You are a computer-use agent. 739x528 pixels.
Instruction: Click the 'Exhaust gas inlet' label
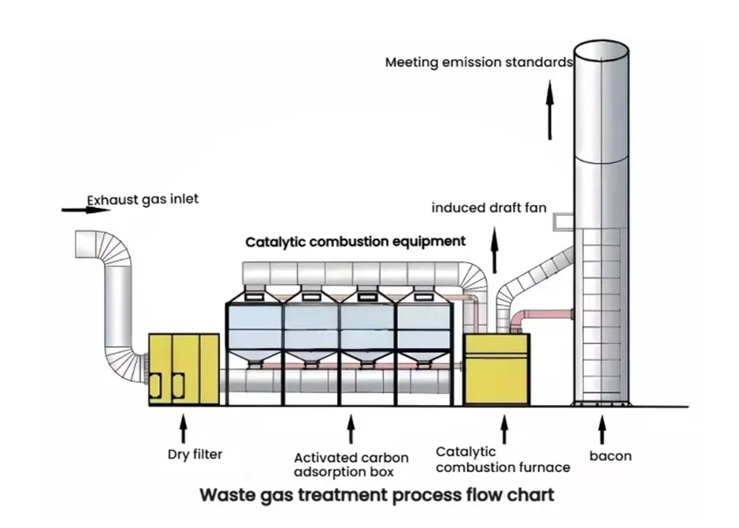tap(143, 199)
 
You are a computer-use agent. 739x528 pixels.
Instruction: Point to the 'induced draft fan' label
tap(488, 208)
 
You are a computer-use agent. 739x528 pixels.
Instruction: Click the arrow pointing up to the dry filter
tap(184, 429)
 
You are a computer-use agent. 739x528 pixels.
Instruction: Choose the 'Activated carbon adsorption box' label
tap(351, 465)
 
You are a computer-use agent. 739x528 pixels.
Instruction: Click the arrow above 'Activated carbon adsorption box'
tap(351, 429)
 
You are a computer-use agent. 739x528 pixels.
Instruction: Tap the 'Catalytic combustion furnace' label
tap(502, 460)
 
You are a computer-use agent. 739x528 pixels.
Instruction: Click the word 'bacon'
tap(610, 455)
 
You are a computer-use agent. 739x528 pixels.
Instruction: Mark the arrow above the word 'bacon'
tap(602, 429)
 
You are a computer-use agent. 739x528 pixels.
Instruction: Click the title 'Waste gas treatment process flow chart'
tap(376, 496)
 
